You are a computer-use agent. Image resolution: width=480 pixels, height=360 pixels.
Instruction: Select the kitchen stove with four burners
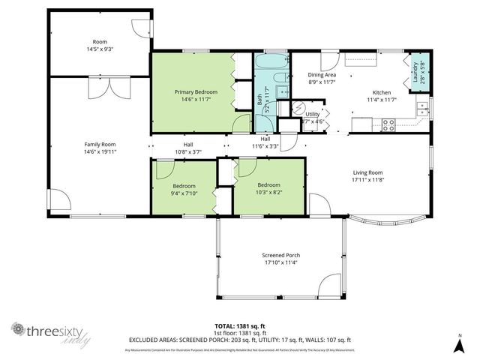[x=389, y=125]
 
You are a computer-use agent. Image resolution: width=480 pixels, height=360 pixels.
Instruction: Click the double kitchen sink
[x=424, y=107]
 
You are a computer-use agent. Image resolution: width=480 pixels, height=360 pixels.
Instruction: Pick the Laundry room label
[x=415, y=73]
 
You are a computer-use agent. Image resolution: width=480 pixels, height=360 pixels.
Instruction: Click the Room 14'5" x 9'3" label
[x=100, y=45]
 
